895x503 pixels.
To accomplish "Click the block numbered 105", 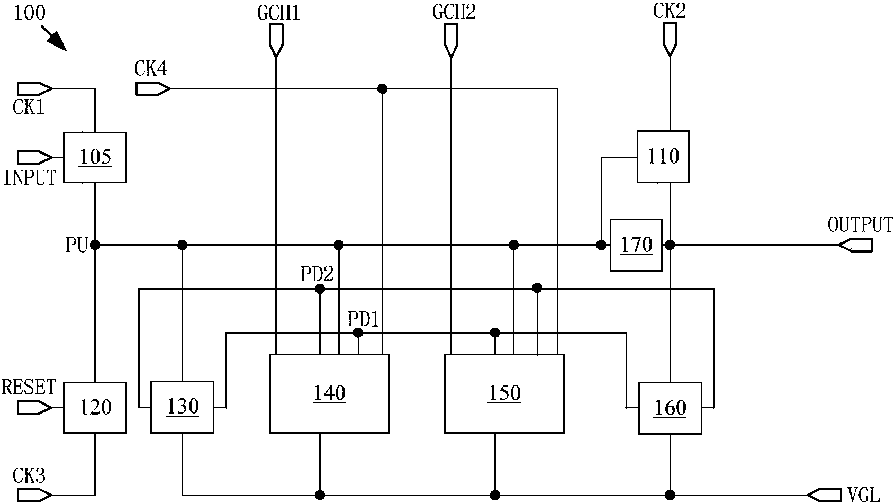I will coord(95,157).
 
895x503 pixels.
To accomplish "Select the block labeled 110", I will coord(663,157).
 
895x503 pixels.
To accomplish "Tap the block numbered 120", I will coord(95,407).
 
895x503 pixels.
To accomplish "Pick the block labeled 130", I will coord(182,407).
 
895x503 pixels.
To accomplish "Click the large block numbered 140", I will coord(329,393).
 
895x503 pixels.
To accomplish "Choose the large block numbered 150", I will coord(504,393).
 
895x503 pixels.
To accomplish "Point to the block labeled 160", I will coord(670,408).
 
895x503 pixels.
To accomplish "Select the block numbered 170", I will coord(636,245).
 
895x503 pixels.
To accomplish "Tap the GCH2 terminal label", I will coord(454,13).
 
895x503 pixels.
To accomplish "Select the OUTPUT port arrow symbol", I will coord(855,245).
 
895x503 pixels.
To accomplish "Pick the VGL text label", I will coord(863,495).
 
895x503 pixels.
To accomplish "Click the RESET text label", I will coord(29,388).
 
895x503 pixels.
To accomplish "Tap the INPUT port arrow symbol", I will coord(35,157).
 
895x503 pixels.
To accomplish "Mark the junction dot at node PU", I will coord(95,245).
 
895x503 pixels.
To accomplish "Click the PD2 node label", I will coord(317,274).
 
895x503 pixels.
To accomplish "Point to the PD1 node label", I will coord(364,319).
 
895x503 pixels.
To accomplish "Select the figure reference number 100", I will coord(29,13).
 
